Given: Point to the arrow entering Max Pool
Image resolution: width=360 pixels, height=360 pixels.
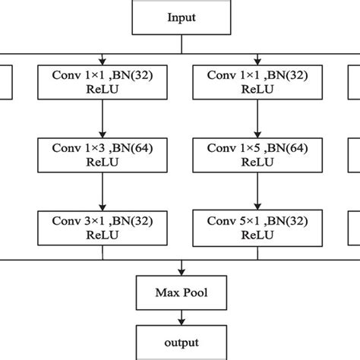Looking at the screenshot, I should coord(180,267).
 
